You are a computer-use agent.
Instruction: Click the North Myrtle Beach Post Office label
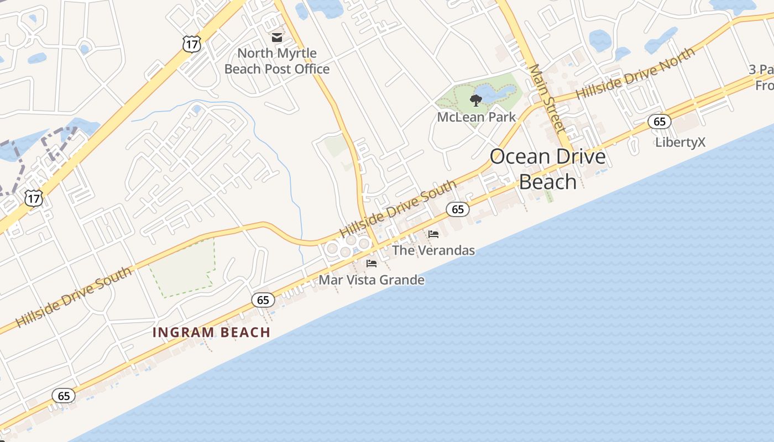point(277,61)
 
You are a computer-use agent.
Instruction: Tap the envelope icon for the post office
point(276,38)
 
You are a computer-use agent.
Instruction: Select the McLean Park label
point(476,117)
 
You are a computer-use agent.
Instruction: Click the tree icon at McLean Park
point(475,100)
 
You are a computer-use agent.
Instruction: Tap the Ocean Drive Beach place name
point(547,169)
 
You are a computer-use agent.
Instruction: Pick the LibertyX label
point(680,143)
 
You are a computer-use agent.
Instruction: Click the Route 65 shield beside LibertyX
point(660,122)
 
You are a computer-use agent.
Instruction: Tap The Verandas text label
point(433,251)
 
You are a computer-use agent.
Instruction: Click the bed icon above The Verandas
point(433,234)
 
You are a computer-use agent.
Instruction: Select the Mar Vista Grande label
point(372,280)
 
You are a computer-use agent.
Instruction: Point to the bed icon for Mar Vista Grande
point(372,264)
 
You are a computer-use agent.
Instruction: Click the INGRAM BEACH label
point(211,333)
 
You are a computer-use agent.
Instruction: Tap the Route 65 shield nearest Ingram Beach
point(263,300)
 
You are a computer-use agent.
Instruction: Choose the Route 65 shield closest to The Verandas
point(458,209)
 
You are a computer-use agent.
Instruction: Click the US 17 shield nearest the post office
point(191,44)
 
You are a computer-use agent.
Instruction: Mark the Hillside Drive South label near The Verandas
point(398,209)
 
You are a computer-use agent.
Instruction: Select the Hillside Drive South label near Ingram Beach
point(74,297)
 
